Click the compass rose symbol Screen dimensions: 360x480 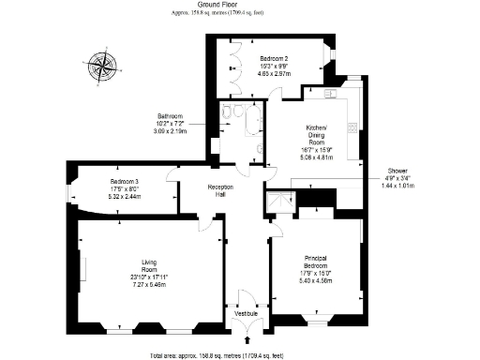104,67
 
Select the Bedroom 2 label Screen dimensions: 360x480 274,58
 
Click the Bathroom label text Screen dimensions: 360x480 170,118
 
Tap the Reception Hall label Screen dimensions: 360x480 218,190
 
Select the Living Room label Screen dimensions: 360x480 147,265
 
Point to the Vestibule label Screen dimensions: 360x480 247,312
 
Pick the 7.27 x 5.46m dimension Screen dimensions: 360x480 147,284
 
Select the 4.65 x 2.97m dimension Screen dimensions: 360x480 274,71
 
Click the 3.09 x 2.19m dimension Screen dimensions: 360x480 170,132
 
